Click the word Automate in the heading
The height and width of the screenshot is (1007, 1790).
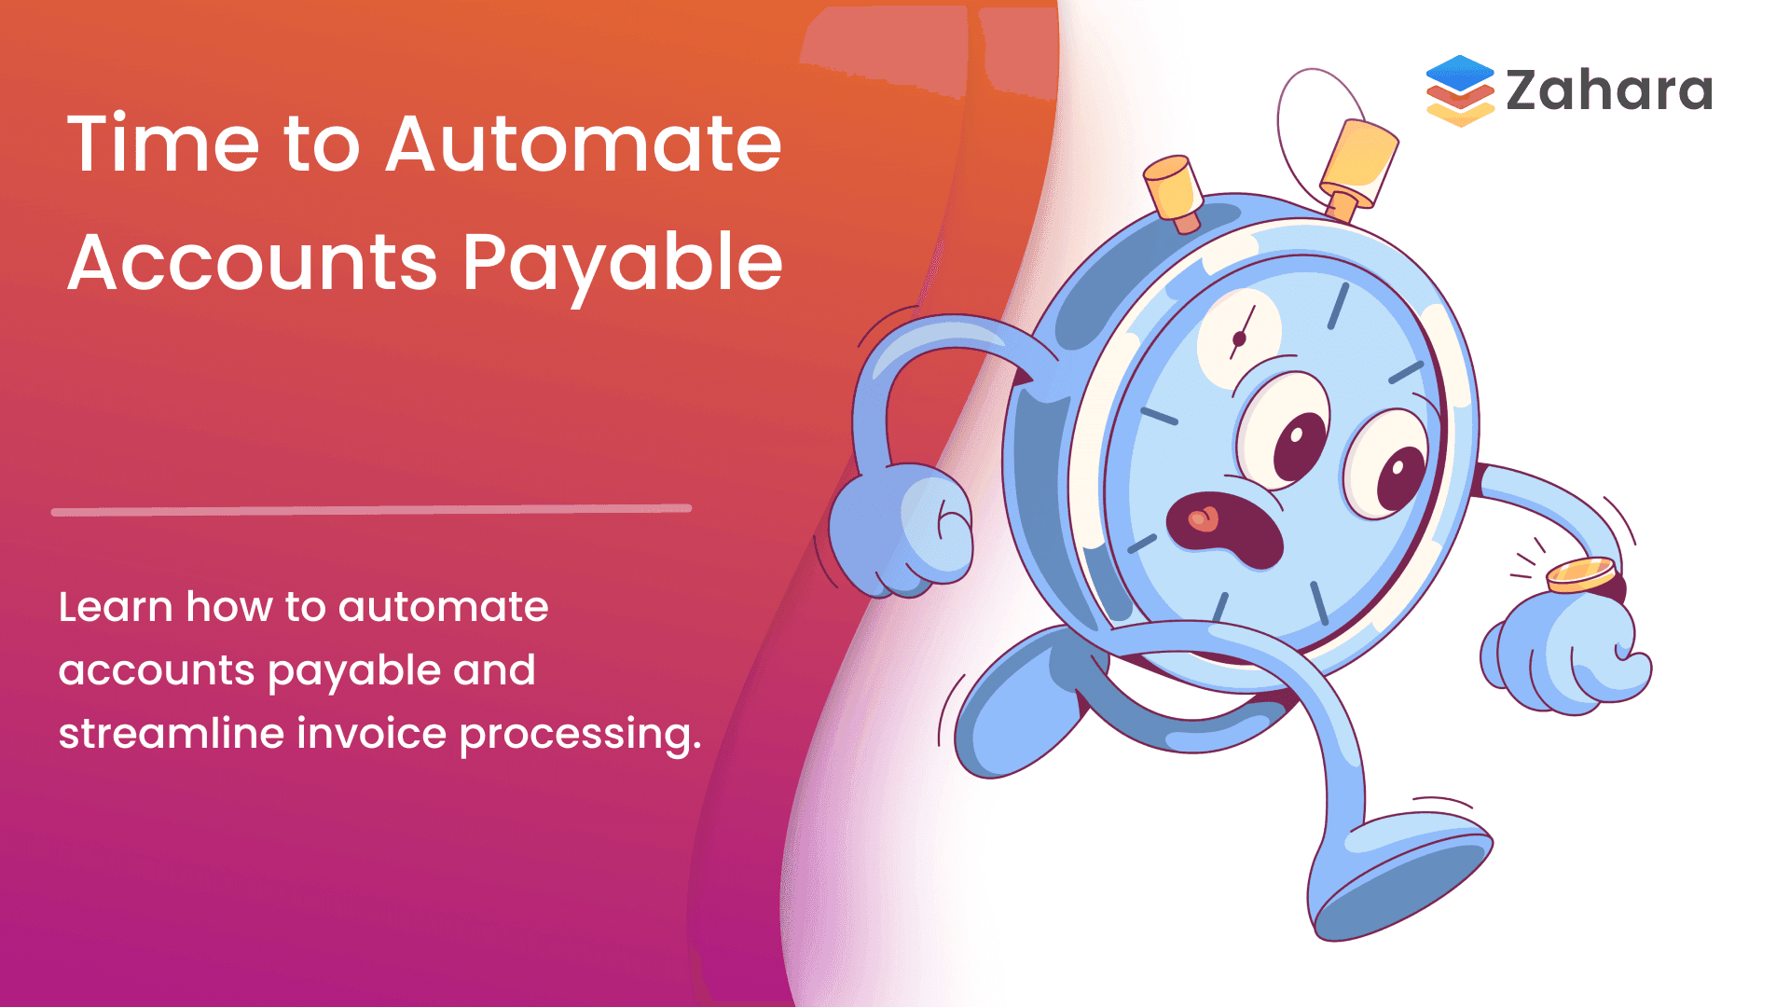[584, 145]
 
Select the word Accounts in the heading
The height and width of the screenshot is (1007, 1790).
[253, 263]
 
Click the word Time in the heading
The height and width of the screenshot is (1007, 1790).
[163, 145]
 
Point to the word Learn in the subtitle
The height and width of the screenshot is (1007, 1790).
[116, 607]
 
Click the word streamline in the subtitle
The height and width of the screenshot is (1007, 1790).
[171, 733]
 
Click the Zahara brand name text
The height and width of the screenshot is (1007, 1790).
[1609, 90]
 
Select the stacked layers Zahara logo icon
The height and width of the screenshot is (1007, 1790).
[1460, 90]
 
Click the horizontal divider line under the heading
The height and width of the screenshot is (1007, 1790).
[371, 510]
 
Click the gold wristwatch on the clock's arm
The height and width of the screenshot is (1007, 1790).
[1581, 574]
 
